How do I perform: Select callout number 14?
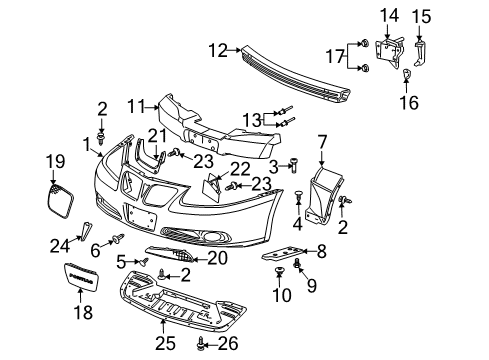click(x=388, y=15)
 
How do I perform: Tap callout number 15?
click(x=423, y=15)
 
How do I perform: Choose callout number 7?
click(x=322, y=142)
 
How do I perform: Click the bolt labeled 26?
click(x=205, y=345)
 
